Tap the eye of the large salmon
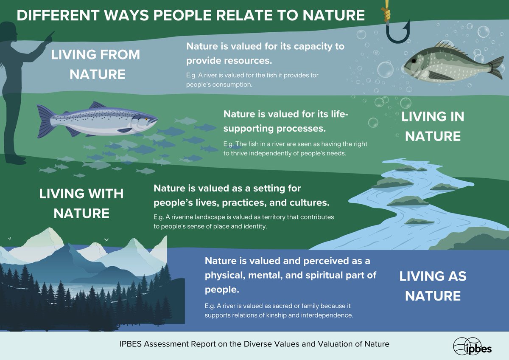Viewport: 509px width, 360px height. (147, 118)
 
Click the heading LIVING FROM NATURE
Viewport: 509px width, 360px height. (95, 64)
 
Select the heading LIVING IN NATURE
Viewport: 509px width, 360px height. (433, 126)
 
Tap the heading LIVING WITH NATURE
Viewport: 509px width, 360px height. (81, 203)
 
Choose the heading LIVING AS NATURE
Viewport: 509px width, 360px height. (433, 285)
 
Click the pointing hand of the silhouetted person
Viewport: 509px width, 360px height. (50, 34)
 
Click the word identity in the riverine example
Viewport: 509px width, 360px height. (252, 227)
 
